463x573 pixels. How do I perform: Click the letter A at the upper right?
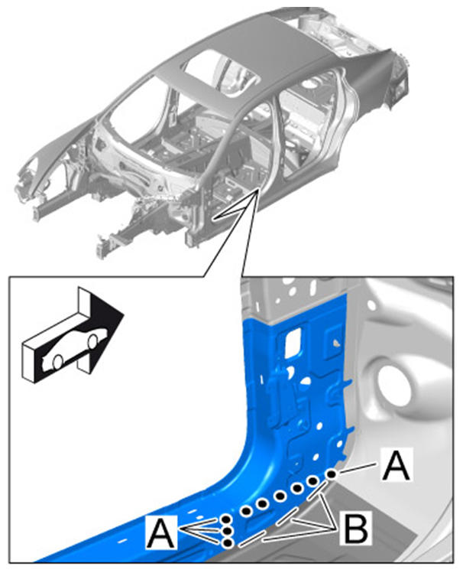397,465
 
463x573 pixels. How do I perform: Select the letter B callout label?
355,529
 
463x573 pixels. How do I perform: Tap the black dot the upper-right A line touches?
332,474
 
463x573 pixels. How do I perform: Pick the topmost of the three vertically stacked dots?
227,519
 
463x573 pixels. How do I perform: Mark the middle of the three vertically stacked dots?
227,531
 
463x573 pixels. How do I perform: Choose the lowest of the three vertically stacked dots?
228,542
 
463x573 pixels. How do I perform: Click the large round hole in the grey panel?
396,385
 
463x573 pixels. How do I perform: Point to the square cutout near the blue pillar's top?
293,341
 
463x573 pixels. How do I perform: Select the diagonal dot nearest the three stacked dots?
247,511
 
